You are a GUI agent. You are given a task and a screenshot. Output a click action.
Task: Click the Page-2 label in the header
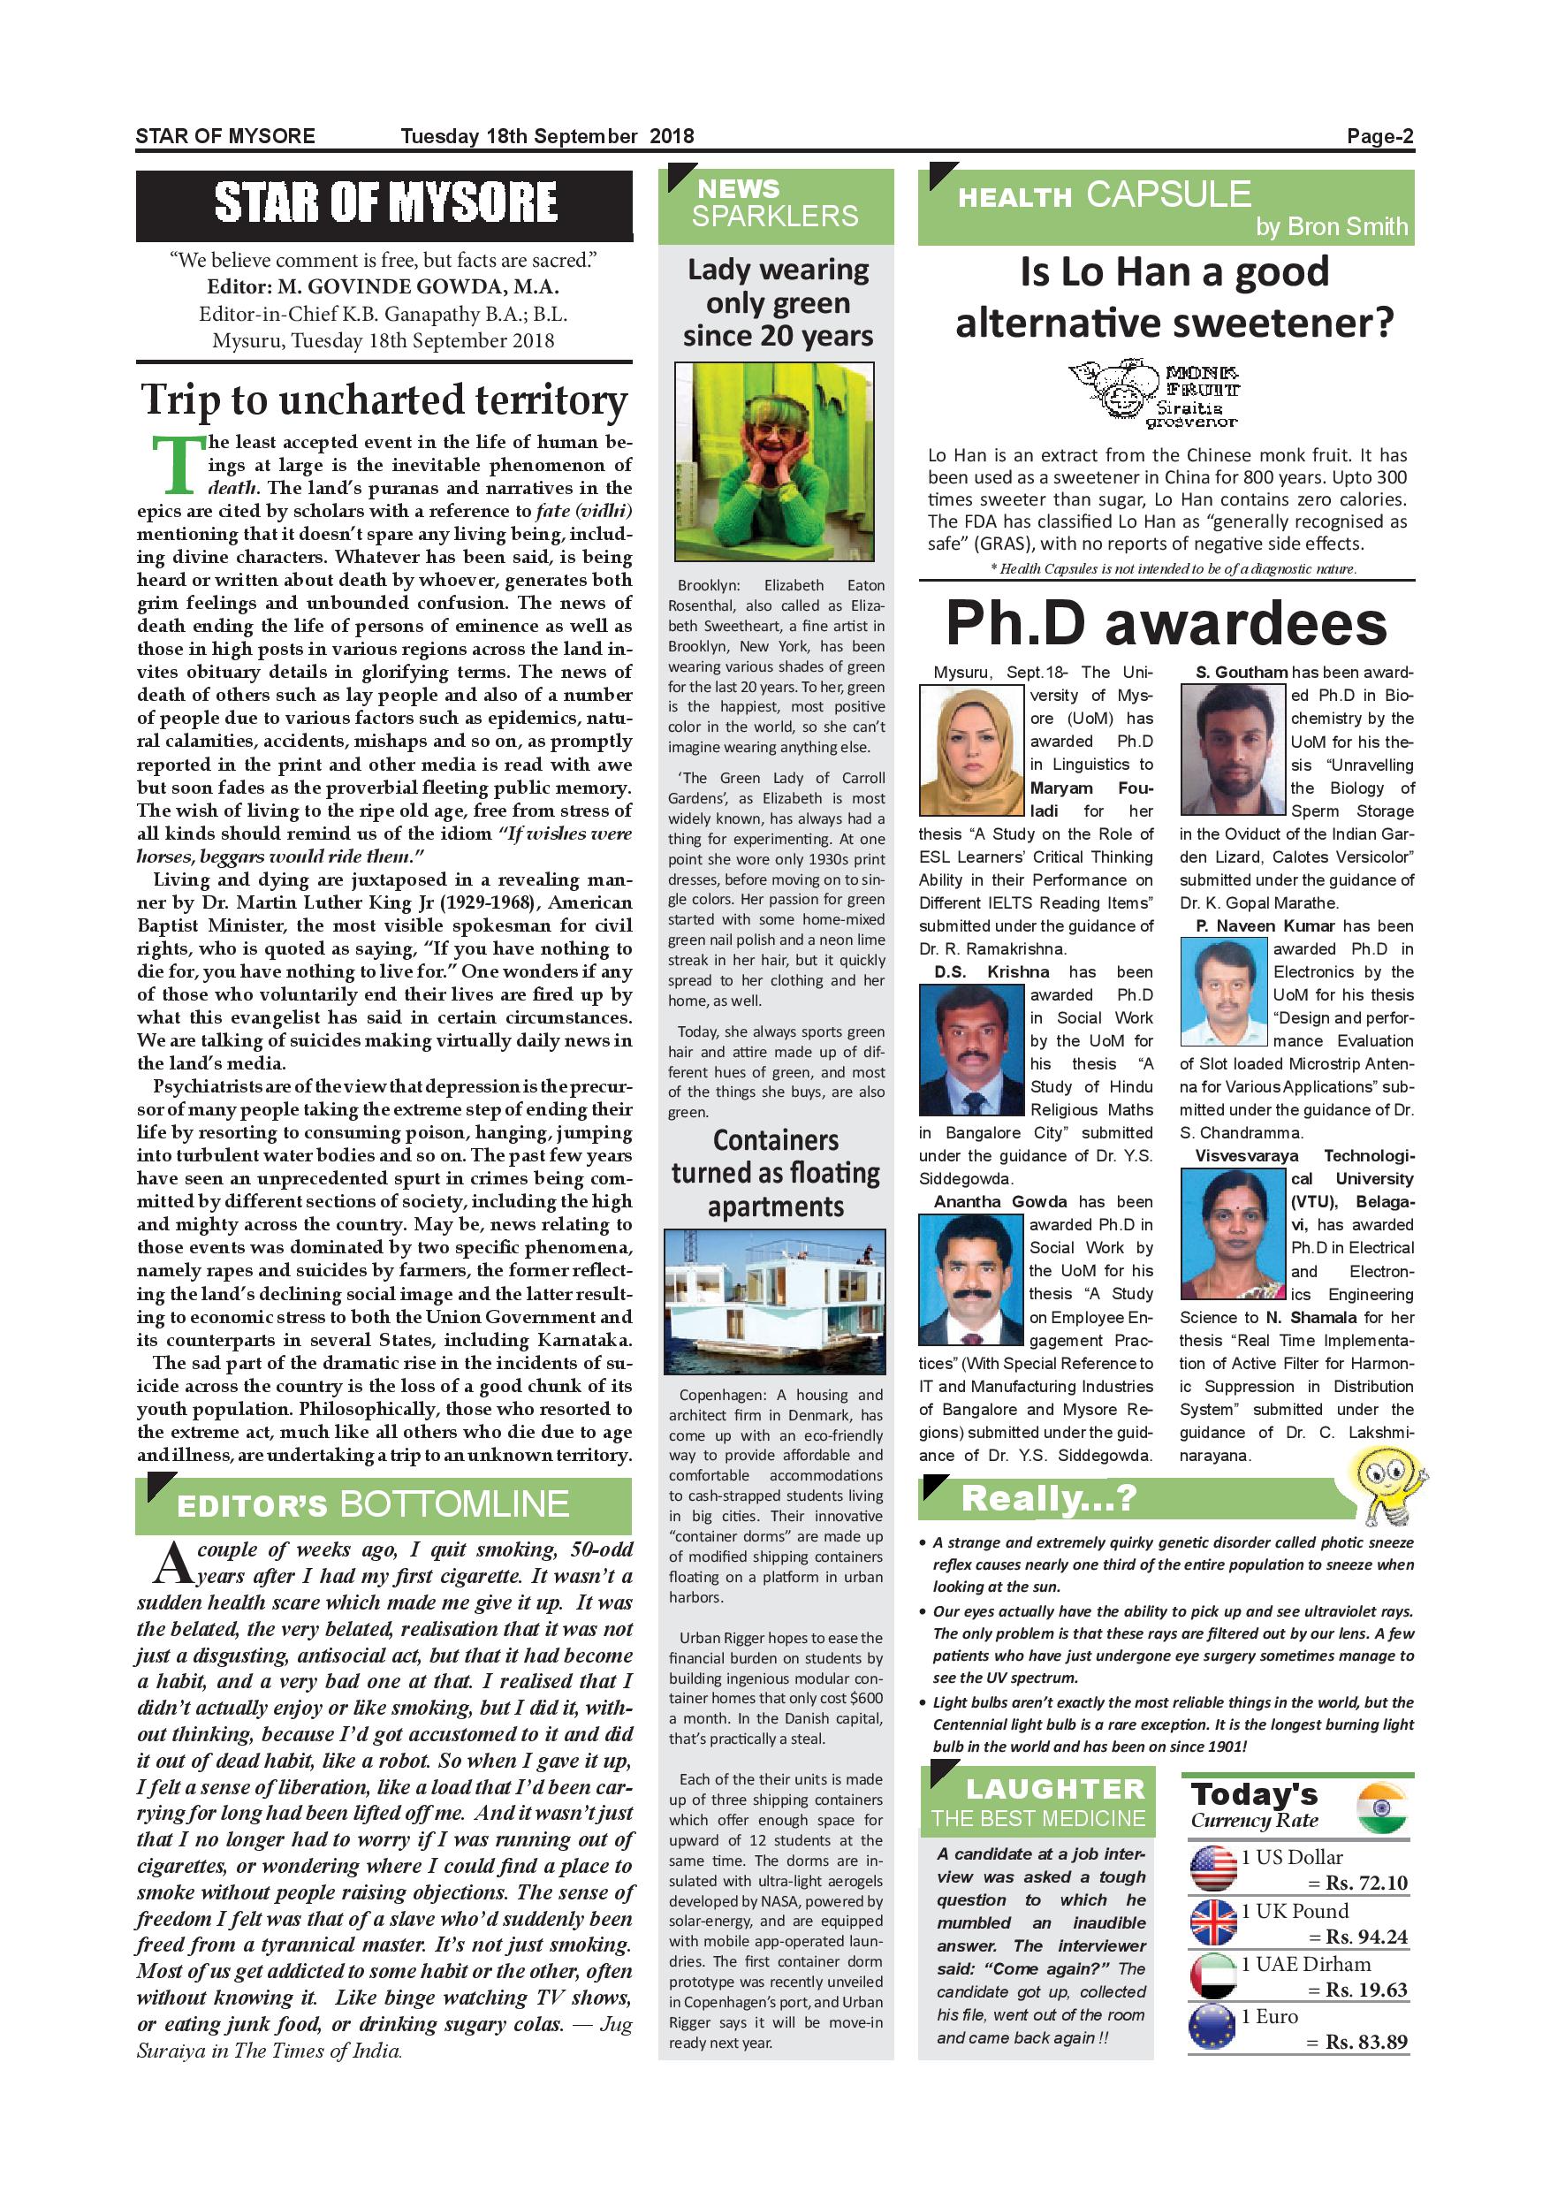[x=1379, y=136]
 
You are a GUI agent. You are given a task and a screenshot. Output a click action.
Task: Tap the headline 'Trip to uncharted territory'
[x=384, y=400]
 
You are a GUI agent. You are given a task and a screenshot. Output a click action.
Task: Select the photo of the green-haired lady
[x=774, y=461]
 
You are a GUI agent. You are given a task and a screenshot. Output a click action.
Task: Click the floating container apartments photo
[x=774, y=1301]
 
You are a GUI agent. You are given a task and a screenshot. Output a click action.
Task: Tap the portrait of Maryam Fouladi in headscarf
[x=969, y=752]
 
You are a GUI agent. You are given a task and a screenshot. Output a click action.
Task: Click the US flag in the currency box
[x=1213, y=1869]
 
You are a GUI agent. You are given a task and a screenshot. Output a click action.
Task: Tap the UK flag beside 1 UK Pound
[x=1213, y=1922]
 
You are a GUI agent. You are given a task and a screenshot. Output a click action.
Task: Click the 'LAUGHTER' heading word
[x=1053, y=1789]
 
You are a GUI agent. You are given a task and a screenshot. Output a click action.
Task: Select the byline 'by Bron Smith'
[x=1331, y=226]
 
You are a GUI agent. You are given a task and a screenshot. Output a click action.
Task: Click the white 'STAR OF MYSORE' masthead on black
[x=384, y=202]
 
